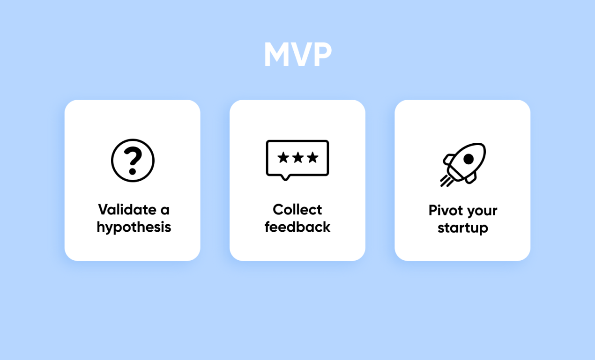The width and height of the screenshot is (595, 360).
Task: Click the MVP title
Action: click(x=298, y=54)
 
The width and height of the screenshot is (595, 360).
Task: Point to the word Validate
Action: click(x=126, y=210)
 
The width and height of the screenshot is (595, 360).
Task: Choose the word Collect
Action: click(x=297, y=210)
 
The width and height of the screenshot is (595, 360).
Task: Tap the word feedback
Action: click(x=297, y=227)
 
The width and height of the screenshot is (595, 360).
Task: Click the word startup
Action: click(x=463, y=228)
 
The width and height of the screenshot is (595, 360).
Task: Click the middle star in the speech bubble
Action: click(x=298, y=157)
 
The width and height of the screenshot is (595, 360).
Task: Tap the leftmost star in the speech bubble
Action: click(x=283, y=157)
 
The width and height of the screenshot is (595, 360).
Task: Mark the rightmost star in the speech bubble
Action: click(x=312, y=157)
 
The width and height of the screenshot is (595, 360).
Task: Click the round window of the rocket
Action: click(x=469, y=159)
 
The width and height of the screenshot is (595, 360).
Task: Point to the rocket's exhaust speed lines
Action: click(x=446, y=181)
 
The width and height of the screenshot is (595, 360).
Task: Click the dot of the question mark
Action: click(x=133, y=171)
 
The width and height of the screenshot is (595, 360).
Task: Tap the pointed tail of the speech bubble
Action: click(x=285, y=177)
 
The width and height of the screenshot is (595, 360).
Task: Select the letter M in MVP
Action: click(x=277, y=54)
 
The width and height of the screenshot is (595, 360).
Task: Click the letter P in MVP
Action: click(x=323, y=54)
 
